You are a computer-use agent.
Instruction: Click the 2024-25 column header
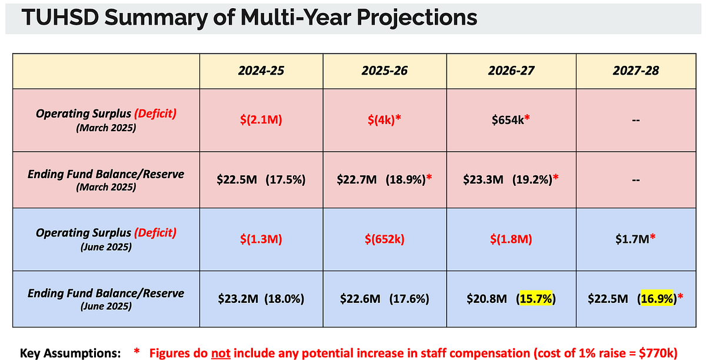point(261,71)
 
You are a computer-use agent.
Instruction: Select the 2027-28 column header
point(636,71)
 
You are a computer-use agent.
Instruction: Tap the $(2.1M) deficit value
point(261,120)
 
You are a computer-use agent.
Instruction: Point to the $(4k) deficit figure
point(381,120)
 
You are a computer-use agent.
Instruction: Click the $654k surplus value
point(508,120)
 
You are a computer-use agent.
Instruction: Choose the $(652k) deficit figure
point(385,239)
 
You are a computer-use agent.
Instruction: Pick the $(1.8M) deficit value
point(511,239)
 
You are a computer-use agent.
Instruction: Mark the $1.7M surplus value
point(632,239)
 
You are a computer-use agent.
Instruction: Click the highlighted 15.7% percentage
point(536,298)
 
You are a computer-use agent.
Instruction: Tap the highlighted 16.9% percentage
point(657,298)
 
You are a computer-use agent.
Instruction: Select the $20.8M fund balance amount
point(487,298)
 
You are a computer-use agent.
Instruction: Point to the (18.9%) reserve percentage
point(405,179)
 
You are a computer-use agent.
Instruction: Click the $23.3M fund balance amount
point(483,179)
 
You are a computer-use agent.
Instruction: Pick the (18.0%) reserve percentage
point(284,298)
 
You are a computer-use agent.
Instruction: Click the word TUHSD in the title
point(60,17)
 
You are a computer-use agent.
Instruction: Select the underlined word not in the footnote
point(221,353)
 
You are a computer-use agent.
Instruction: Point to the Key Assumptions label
point(70,354)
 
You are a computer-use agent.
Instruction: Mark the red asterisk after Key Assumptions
point(136,351)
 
